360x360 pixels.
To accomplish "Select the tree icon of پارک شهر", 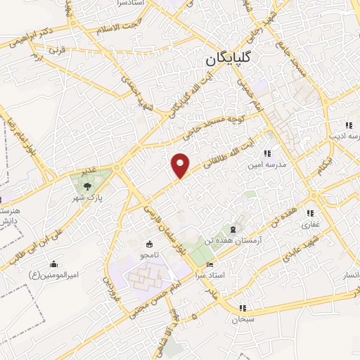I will pos(86,186).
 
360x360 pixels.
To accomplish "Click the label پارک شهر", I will pos(91,198).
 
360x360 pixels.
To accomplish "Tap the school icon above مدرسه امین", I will pos(266,153).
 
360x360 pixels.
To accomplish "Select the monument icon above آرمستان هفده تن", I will pos(233,229).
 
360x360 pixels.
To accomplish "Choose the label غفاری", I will pos(310,226).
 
